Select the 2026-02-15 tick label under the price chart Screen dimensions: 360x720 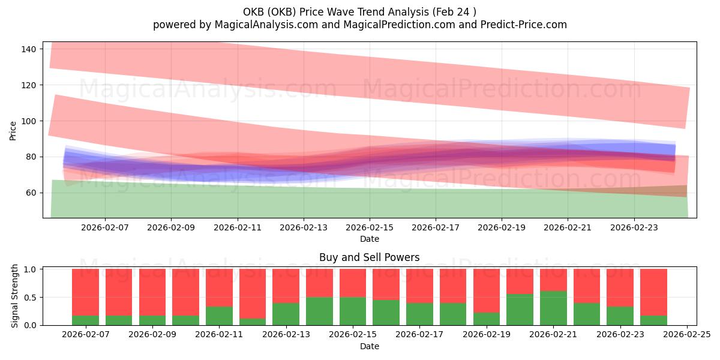(x=370, y=228)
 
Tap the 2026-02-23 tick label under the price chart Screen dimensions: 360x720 (x=635, y=228)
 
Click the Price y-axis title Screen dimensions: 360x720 (x=13, y=130)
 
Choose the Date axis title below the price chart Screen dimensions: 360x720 (x=369, y=239)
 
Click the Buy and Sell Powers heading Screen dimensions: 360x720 (x=369, y=257)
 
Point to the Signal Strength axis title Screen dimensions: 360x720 (x=16, y=296)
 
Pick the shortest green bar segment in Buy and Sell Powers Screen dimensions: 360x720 (x=253, y=322)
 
